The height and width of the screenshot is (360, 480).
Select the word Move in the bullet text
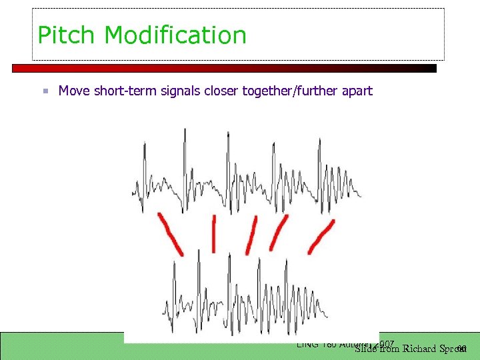[x=74, y=91]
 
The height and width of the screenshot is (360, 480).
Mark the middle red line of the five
[x=251, y=235]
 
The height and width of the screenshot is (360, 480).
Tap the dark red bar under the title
[x=224, y=68]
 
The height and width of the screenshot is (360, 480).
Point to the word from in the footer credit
[x=390, y=349]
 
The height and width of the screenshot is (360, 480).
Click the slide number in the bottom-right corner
[x=462, y=349]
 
